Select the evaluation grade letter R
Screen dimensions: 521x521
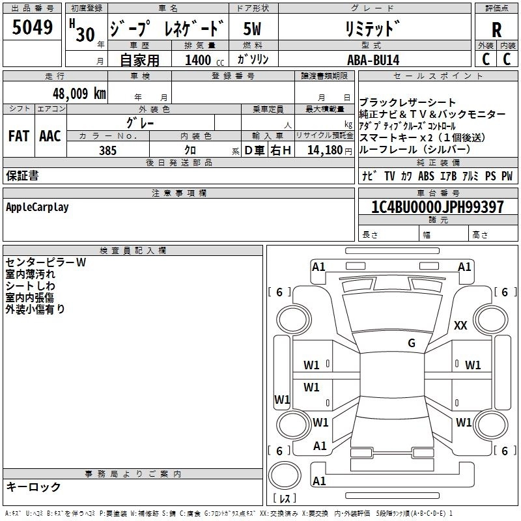(496, 29)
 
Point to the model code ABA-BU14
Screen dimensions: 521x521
(373, 60)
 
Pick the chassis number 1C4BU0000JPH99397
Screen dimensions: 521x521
(437, 207)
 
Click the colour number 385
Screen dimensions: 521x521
(107, 150)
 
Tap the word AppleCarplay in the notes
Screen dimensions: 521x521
(37, 207)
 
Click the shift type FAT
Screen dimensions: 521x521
(19, 136)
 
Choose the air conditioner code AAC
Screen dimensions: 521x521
(50, 136)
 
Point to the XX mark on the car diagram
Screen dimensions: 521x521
(460, 326)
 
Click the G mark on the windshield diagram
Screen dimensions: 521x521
(412, 343)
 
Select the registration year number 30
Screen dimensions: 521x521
(85, 34)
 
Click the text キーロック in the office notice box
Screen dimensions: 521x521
(33, 486)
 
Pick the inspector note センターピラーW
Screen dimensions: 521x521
(46, 262)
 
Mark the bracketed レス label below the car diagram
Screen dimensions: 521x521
(285, 499)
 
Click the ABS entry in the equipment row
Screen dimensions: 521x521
(425, 176)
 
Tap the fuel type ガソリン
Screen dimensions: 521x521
(253, 60)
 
